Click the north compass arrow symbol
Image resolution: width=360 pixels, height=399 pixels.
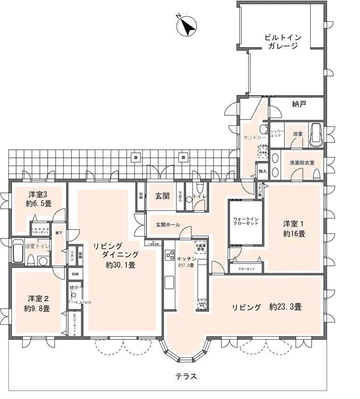tap(188, 26)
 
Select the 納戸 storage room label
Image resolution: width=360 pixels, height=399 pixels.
tap(299, 104)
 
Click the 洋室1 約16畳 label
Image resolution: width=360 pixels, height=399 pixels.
tap(294, 229)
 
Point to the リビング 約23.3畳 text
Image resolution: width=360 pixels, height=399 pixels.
tap(267, 307)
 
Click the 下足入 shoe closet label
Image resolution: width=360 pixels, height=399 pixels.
tap(180, 197)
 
